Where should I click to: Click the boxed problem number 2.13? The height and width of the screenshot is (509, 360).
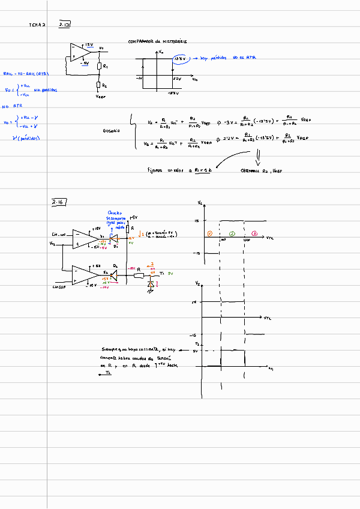[x=65, y=25]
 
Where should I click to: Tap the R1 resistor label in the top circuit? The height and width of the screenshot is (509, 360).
[x=106, y=66]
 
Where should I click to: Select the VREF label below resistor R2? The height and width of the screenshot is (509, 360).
[x=101, y=96]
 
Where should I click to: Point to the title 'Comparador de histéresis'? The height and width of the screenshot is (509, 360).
[x=157, y=41]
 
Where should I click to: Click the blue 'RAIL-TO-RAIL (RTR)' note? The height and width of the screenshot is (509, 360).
[x=26, y=74]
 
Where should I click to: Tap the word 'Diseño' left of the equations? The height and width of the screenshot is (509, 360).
[x=112, y=130]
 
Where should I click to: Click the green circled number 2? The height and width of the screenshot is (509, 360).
[x=233, y=233]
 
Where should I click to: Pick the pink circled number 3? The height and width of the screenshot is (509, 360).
[x=254, y=233]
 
